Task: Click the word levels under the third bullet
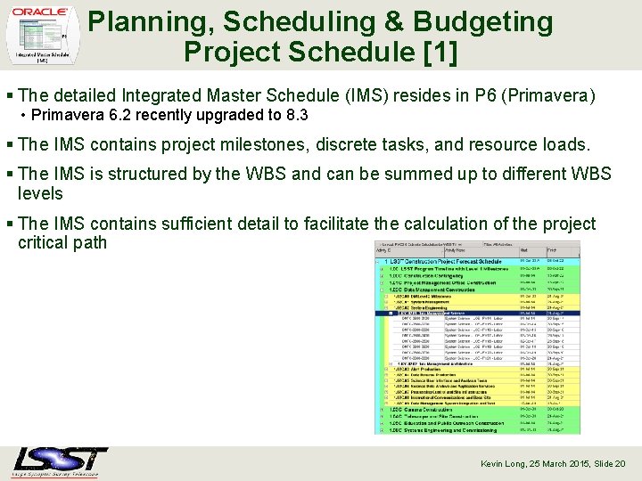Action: click(40, 193)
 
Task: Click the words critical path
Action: click(62, 242)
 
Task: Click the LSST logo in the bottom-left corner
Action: click(61, 462)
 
